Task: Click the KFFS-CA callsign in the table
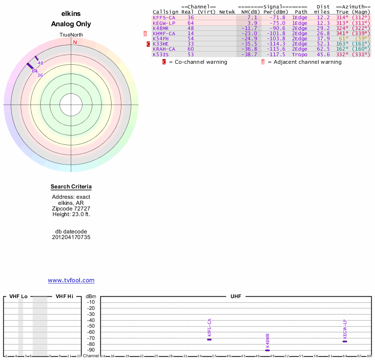coord(164,17)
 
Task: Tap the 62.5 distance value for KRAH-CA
coord(322,49)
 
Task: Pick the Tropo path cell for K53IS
coord(300,54)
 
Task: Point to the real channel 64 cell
coord(190,23)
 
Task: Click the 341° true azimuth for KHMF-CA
coord(343,33)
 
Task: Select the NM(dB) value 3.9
coord(252,23)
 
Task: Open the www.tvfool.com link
coord(71,280)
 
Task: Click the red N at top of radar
coord(75,42)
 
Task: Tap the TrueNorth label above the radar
coord(71,35)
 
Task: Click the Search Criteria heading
coord(71,187)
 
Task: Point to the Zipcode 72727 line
coord(71,209)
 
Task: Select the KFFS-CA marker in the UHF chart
coord(209,339)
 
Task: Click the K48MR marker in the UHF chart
coord(267,350)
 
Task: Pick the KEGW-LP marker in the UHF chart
coord(345,341)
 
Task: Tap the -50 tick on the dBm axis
coord(91,326)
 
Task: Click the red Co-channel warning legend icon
coord(164,62)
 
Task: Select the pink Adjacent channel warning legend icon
coord(263,62)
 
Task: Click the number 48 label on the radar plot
coord(40,63)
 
